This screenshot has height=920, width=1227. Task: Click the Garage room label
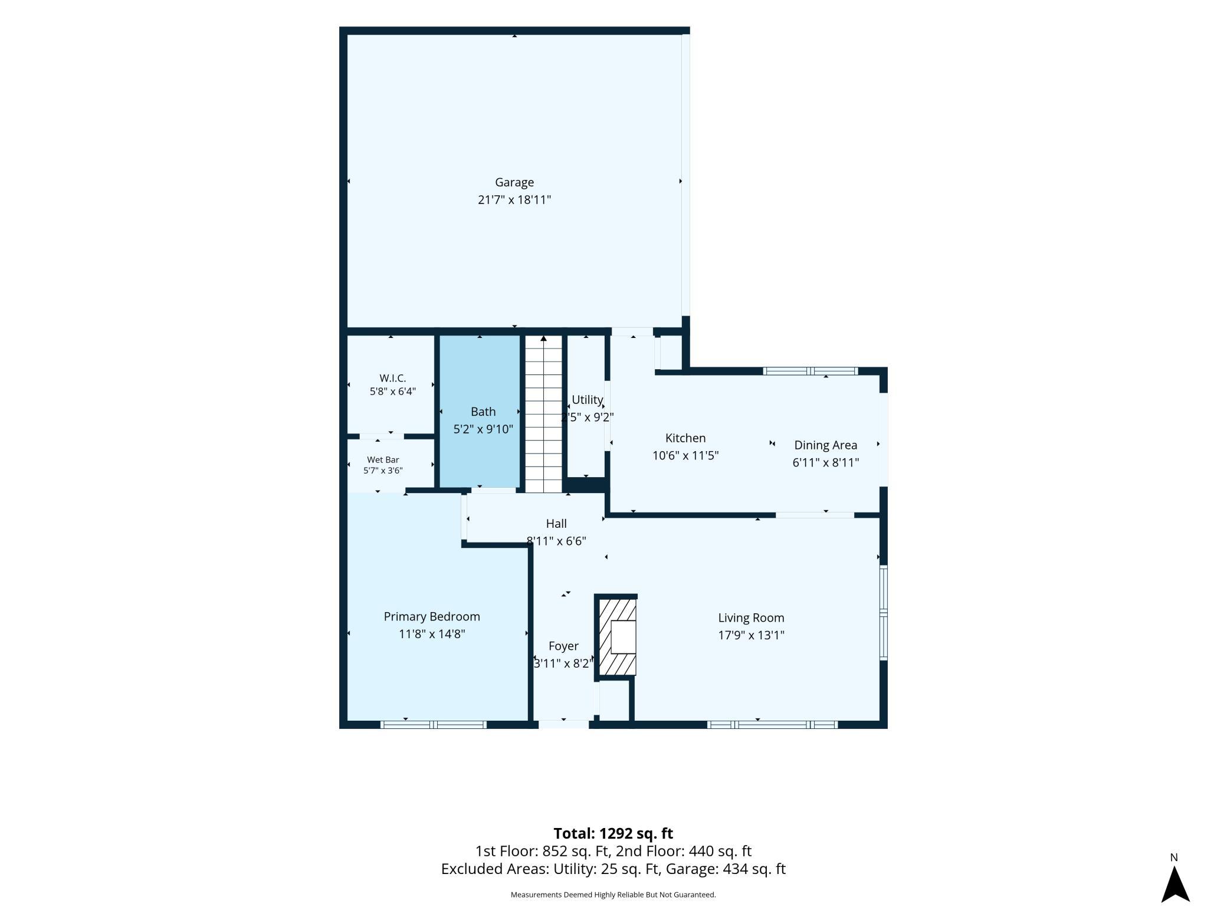[514, 183]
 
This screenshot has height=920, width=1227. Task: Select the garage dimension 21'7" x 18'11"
[514, 200]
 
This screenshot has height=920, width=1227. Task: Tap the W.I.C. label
[393, 378]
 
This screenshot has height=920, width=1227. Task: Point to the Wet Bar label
[383, 459]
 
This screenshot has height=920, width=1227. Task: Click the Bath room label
[483, 412]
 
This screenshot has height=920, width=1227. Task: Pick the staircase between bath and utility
[543, 414]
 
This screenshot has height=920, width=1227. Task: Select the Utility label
[587, 400]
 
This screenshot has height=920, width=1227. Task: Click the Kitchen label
[685, 438]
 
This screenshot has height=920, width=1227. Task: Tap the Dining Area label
[826, 445]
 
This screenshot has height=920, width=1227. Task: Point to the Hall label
[556, 524]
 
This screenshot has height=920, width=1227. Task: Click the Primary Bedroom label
[432, 617]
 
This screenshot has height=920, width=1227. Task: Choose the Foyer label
[563, 646]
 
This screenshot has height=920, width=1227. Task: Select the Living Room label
[751, 618]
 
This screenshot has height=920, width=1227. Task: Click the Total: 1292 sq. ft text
[613, 833]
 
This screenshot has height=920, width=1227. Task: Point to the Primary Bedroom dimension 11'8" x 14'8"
[432, 634]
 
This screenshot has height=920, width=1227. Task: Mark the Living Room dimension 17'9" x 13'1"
[751, 635]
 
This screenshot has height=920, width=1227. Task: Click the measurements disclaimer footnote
[613, 895]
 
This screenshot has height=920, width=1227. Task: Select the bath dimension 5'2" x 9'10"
[483, 429]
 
